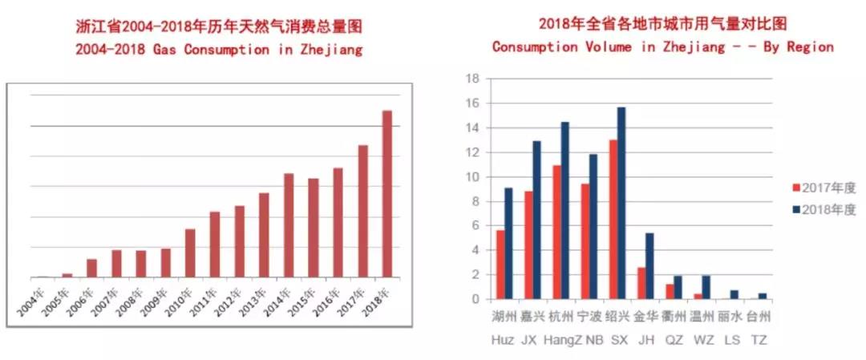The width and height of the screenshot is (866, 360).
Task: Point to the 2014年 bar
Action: (x=289, y=225)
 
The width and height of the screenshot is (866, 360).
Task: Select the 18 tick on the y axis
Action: (x=472, y=79)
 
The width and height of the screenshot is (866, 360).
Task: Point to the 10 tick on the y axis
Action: (x=472, y=176)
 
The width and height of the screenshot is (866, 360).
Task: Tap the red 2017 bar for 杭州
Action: (x=556, y=232)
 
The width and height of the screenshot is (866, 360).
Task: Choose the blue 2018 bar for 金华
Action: (x=649, y=265)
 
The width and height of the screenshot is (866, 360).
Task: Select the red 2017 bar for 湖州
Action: (x=500, y=265)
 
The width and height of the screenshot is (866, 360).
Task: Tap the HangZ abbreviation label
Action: (x=561, y=340)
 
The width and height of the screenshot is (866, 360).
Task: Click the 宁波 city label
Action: (x=590, y=317)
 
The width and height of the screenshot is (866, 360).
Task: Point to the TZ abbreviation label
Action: (x=758, y=340)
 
